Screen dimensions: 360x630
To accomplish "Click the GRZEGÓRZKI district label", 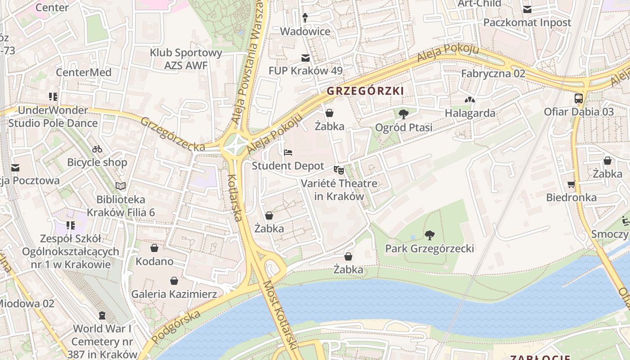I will coord(365,91).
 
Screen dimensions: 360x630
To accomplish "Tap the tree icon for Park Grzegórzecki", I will coord(430,235).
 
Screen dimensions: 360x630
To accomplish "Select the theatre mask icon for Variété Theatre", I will coord(339,170).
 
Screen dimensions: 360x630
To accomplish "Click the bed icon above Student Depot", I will coord(288,153).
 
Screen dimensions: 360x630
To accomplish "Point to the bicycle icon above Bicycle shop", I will coord(97,149).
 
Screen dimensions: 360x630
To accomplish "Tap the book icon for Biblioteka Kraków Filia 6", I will coord(121,186).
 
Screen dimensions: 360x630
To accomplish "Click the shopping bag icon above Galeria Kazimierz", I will coord(174,281).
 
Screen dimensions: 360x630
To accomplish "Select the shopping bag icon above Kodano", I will coord(154,248).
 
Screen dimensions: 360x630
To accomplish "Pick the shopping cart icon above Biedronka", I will coord(571,184).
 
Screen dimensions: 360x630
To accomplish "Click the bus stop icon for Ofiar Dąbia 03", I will coord(579,99).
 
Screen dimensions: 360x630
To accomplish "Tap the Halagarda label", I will coord(470,113).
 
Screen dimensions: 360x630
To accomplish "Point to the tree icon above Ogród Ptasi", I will coord(404,114).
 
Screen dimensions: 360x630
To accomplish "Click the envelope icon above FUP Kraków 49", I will coord(306,58).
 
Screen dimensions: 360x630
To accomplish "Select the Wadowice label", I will coord(305,31).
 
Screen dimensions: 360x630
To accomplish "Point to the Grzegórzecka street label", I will coord(172,135).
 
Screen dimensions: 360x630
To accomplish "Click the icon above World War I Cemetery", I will coord(103,315).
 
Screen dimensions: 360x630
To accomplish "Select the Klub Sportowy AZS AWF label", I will coord(186,59).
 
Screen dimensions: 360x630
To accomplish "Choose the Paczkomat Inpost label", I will coord(527,22).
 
